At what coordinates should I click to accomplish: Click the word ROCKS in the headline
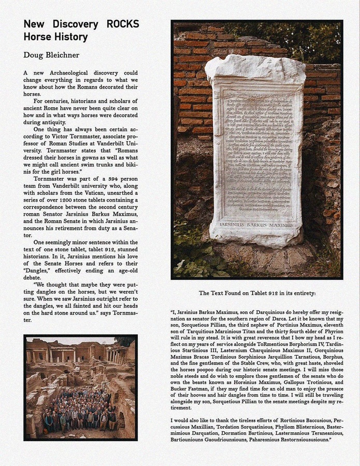click(x=123, y=24)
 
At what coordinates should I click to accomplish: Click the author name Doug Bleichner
click(x=51, y=55)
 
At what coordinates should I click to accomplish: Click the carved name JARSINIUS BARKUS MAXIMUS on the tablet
click(x=256, y=225)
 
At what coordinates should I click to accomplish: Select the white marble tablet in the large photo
click(x=256, y=150)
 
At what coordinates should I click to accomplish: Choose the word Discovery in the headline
click(x=75, y=24)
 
